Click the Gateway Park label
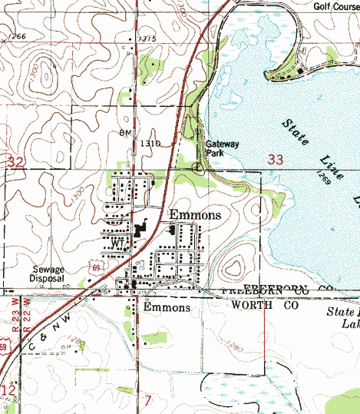pyautogui.click(x=223, y=148)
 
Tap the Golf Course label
pyautogui.click(x=335, y=7)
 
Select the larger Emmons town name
pyautogui.click(x=195, y=215)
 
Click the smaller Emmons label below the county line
pyautogui.click(x=167, y=307)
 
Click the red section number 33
pyautogui.click(x=277, y=159)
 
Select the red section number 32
pyautogui.click(x=15, y=162)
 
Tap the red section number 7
pyautogui.click(x=148, y=399)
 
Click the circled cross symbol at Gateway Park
pyautogui.click(x=197, y=165)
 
